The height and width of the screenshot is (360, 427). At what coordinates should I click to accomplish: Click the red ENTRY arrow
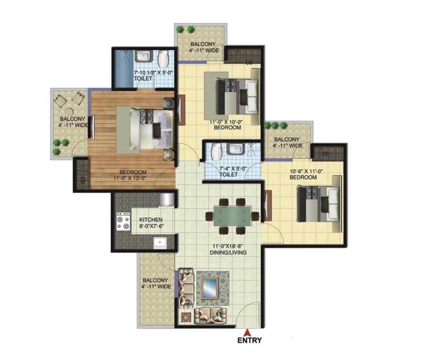click(x=248, y=333)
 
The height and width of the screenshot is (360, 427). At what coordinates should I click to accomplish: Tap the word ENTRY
click(x=249, y=341)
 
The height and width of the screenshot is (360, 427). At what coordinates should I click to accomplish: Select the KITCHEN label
click(x=151, y=220)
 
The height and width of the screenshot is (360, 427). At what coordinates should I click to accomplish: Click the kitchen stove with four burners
click(x=123, y=221)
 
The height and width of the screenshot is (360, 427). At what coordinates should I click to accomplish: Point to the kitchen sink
click(x=160, y=242)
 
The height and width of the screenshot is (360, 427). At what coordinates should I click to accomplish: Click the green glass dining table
click(x=232, y=216)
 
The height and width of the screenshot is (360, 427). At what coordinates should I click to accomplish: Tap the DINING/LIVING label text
click(x=228, y=253)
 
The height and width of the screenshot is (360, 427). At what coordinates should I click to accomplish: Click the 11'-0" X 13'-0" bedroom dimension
click(x=130, y=178)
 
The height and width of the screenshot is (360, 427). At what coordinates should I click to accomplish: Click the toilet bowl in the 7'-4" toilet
click(x=216, y=152)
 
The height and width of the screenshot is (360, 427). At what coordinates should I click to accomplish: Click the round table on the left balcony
click(x=69, y=112)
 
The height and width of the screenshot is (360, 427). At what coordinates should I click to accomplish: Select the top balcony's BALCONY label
click(x=203, y=44)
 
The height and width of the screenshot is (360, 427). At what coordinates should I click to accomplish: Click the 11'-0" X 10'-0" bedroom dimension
click(x=226, y=122)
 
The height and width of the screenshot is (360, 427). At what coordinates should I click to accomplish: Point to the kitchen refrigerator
click(x=167, y=199)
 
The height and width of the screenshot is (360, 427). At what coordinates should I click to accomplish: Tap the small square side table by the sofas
click(x=186, y=317)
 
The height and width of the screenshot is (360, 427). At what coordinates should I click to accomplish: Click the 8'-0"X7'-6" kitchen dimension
click(x=151, y=226)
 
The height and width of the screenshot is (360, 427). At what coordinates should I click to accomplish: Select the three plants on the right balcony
click(x=276, y=126)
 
